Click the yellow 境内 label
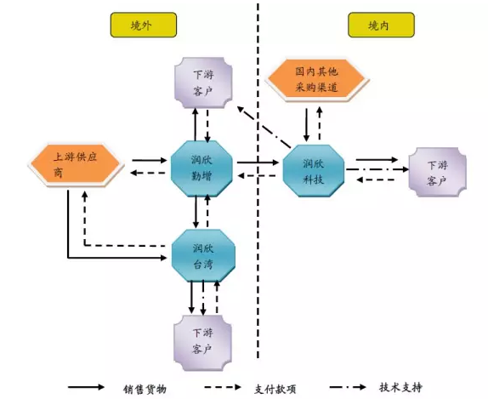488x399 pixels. (x=375, y=26)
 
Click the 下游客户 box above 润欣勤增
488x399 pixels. (x=202, y=83)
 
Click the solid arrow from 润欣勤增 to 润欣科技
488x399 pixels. (x=258, y=162)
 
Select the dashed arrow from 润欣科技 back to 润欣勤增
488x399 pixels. (x=258, y=176)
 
